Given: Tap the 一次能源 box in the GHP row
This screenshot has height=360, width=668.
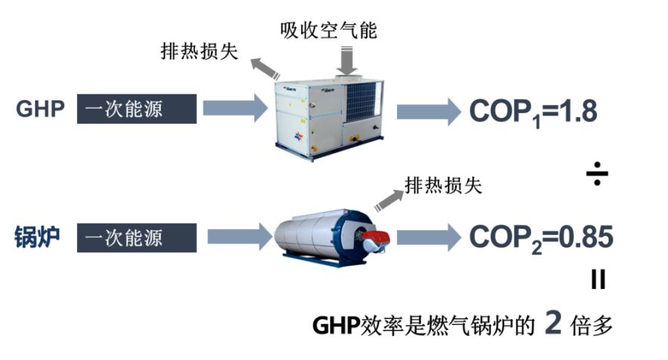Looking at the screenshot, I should pos(137,109).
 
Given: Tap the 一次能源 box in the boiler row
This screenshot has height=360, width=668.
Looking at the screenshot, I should pos(137,238).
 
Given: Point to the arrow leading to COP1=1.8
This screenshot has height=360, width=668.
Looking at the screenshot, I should pos(428,112).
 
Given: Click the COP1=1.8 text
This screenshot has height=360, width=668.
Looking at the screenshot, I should pos(533,112).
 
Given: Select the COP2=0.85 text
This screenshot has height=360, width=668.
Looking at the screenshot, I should pos(541,238).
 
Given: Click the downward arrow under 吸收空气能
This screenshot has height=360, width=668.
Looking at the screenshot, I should pos(346,60).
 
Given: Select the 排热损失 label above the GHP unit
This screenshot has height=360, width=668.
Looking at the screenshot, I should pos(199,51).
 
